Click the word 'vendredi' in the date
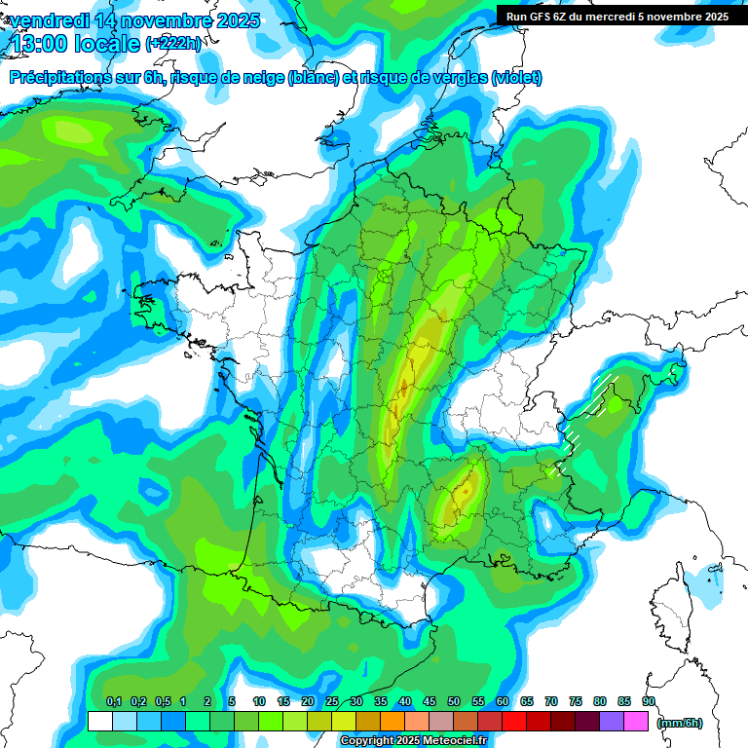click(48, 20)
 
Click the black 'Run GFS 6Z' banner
click(617, 16)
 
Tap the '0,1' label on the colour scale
click(113, 701)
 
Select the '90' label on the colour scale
click(649, 701)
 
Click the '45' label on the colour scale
click(430, 701)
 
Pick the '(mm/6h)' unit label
click(680, 722)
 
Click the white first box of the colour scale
click(99, 722)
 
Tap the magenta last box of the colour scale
click(636, 722)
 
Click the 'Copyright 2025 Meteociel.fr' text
click(413, 740)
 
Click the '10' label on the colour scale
click(259, 701)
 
